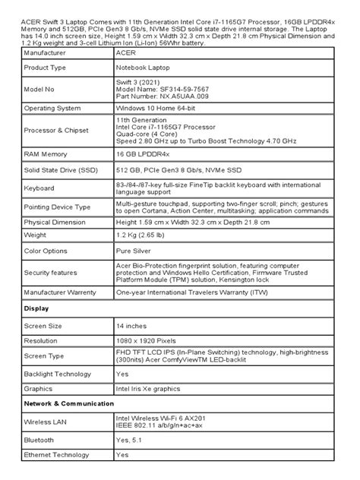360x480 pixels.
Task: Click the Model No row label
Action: [x=43, y=88]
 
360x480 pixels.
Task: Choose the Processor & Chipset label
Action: [x=58, y=131]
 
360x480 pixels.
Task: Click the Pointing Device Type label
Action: [x=58, y=207]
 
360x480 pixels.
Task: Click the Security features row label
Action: [x=53, y=271]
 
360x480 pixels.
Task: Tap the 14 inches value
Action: [x=134, y=325]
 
